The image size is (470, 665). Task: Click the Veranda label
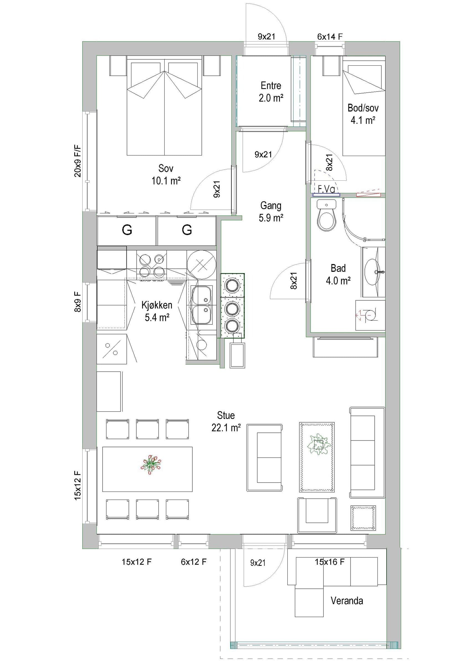tap(347, 601)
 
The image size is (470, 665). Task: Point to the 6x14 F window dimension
tap(330, 37)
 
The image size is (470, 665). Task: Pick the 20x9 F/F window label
tap(78, 161)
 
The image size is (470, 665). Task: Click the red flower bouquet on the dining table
tap(150, 464)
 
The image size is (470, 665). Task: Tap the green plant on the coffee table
tap(318, 444)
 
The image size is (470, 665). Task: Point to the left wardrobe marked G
tap(127, 231)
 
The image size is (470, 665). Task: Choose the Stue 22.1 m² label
tap(226, 421)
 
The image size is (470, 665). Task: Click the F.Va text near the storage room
tap(326, 189)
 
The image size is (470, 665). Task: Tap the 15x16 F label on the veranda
tap(329, 562)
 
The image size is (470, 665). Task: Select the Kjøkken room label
tap(157, 305)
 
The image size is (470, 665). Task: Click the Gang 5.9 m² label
tap(271, 212)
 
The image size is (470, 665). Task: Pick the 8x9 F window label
tap(78, 301)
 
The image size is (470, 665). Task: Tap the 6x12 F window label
tap(193, 562)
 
